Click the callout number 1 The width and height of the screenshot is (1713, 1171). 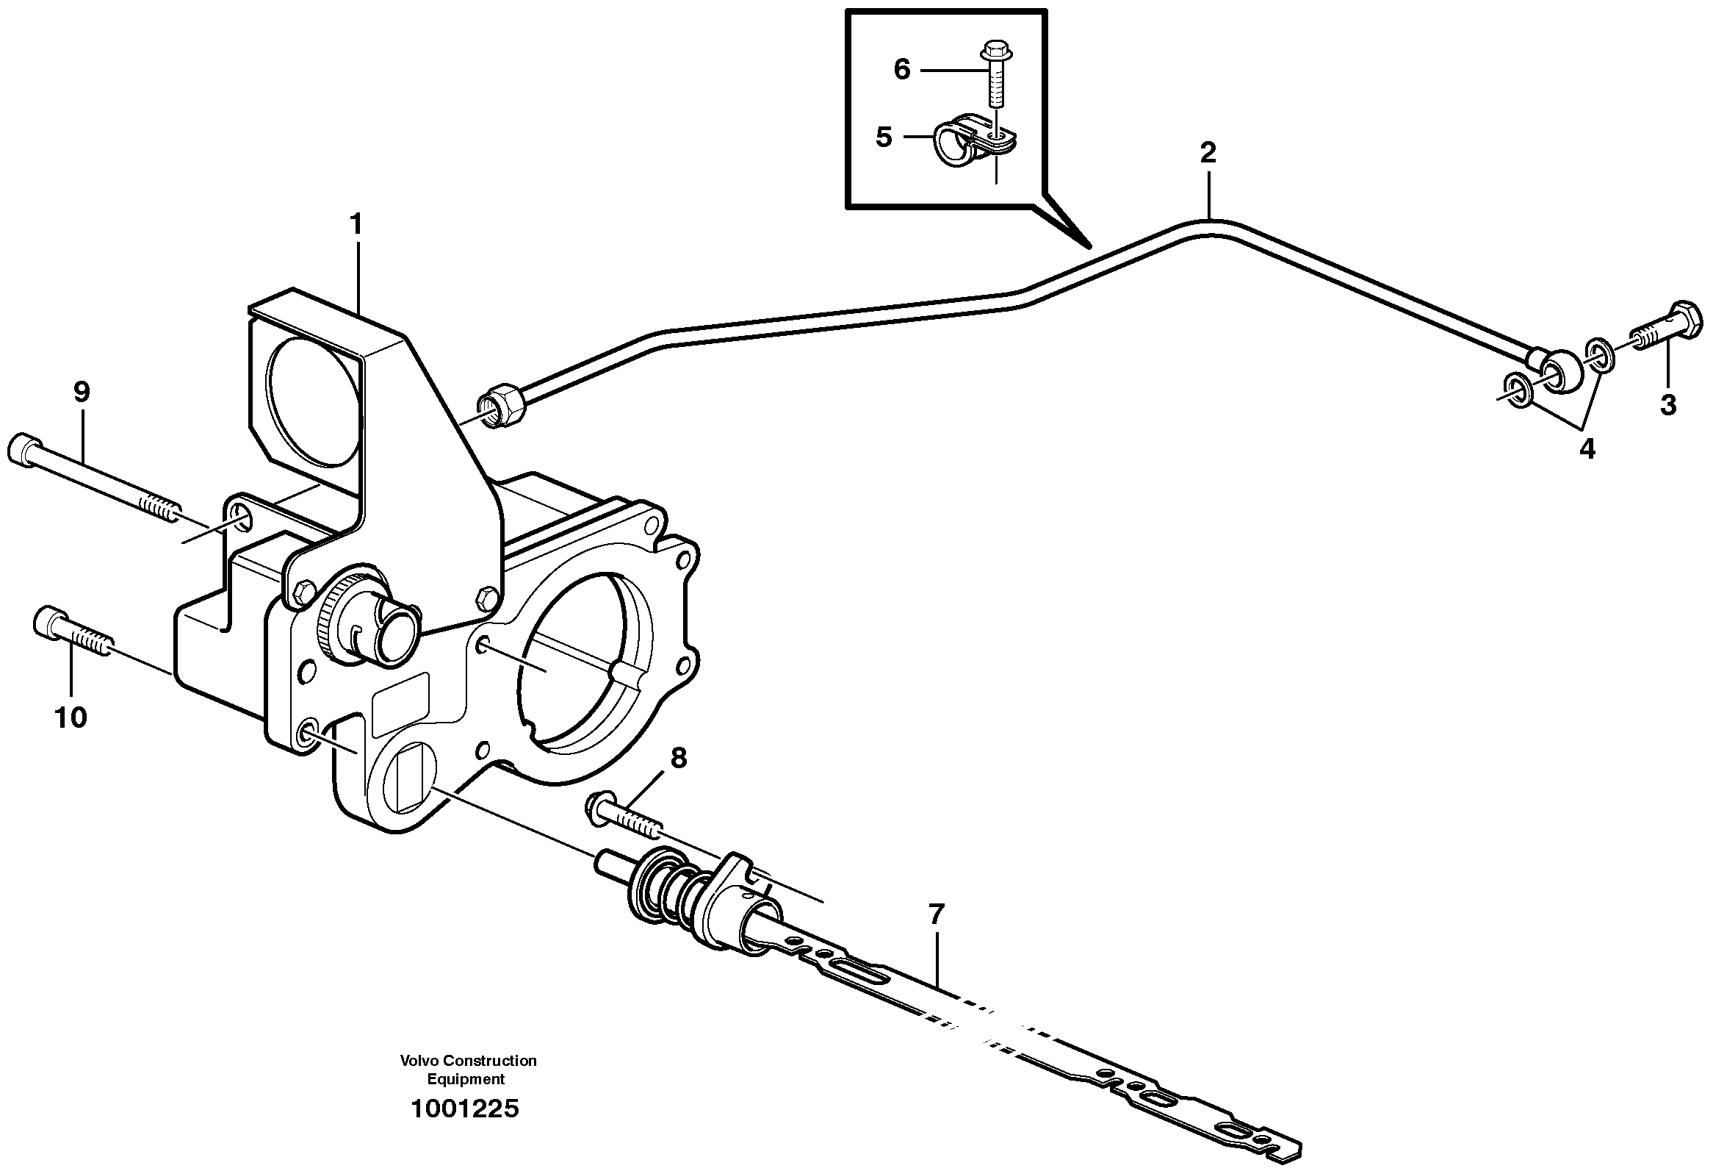pyautogui.click(x=357, y=224)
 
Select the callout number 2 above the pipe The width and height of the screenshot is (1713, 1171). pyautogui.click(x=1208, y=153)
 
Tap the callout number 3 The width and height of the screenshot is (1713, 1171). pyautogui.click(x=1668, y=404)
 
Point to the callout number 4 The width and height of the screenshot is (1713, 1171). pyautogui.click(x=1587, y=448)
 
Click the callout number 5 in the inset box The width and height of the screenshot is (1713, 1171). pyautogui.click(x=884, y=137)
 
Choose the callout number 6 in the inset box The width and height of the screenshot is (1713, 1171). pyautogui.click(x=901, y=69)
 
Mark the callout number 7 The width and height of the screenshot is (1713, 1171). pyautogui.click(x=936, y=914)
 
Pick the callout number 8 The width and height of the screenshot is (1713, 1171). pyautogui.click(x=678, y=757)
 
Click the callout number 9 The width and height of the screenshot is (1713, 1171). pyautogui.click(x=81, y=392)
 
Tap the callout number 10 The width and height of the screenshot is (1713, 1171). pyautogui.click(x=71, y=716)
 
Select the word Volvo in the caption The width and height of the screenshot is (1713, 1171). pyautogui.click(x=418, y=1061)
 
